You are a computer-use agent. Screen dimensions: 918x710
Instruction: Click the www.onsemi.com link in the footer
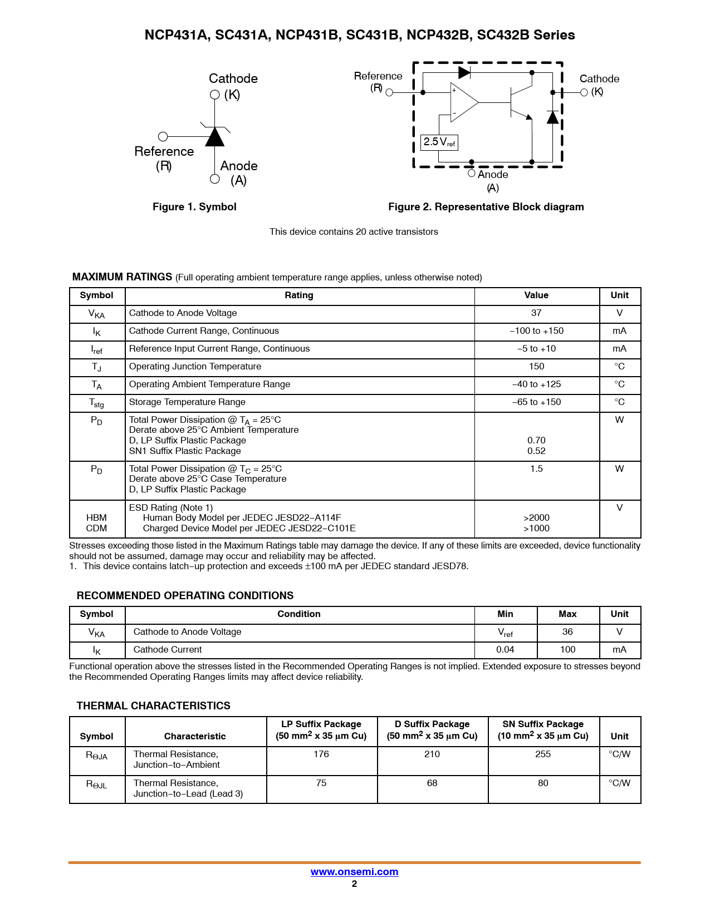point(354,872)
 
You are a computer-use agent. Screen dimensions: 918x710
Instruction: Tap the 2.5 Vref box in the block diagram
point(439,142)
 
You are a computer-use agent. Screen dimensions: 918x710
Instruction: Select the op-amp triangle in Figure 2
point(463,102)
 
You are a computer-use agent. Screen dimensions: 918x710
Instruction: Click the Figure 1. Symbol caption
point(194,207)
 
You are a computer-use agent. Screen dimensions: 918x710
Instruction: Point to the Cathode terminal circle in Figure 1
point(215,95)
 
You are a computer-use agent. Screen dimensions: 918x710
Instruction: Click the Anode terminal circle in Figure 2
point(472,173)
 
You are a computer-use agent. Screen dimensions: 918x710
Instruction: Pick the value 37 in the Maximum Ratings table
point(536,313)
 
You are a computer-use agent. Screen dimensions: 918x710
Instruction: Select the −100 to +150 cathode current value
point(536,331)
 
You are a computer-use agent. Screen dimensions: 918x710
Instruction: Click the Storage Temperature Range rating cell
point(187,402)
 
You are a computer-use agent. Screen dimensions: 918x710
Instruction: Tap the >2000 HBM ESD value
point(536,518)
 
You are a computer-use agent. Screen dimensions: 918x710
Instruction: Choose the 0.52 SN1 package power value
point(536,451)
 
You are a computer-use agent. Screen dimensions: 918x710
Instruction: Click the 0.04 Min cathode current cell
point(505,650)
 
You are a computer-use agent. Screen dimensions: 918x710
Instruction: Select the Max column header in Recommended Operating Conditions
point(567,614)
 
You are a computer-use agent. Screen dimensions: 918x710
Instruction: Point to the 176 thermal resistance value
point(321,754)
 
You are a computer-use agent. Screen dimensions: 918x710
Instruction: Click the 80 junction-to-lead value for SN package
point(543,783)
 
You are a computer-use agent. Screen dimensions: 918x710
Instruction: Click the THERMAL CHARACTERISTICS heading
point(153,706)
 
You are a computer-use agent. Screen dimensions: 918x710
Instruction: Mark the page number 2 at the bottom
point(354,884)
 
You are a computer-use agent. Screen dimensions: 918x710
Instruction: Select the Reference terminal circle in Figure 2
point(389,92)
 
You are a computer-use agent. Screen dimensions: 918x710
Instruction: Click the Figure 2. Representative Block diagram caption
point(486,207)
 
